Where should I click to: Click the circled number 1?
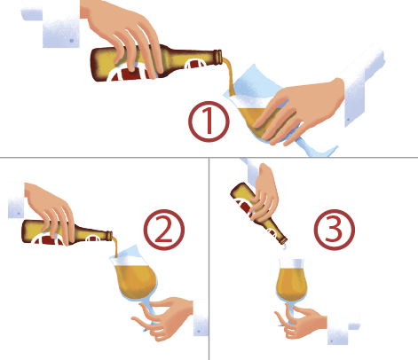(x=209, y=121)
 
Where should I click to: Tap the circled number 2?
(x=164, y=230)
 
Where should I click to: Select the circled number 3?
(x=334, y=230)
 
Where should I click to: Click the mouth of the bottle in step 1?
(x=220, y=58)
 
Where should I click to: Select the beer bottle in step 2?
(x=67, y=232)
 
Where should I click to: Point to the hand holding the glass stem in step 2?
(x=164, y=317)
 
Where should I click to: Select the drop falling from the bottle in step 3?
(x=284, y=247)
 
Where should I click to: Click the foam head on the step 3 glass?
(x=292, y=263)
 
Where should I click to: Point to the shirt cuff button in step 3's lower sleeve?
(x=332, y=340)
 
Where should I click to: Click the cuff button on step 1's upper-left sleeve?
(x=72, y=41)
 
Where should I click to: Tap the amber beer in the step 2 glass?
(x=136, y=281)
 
